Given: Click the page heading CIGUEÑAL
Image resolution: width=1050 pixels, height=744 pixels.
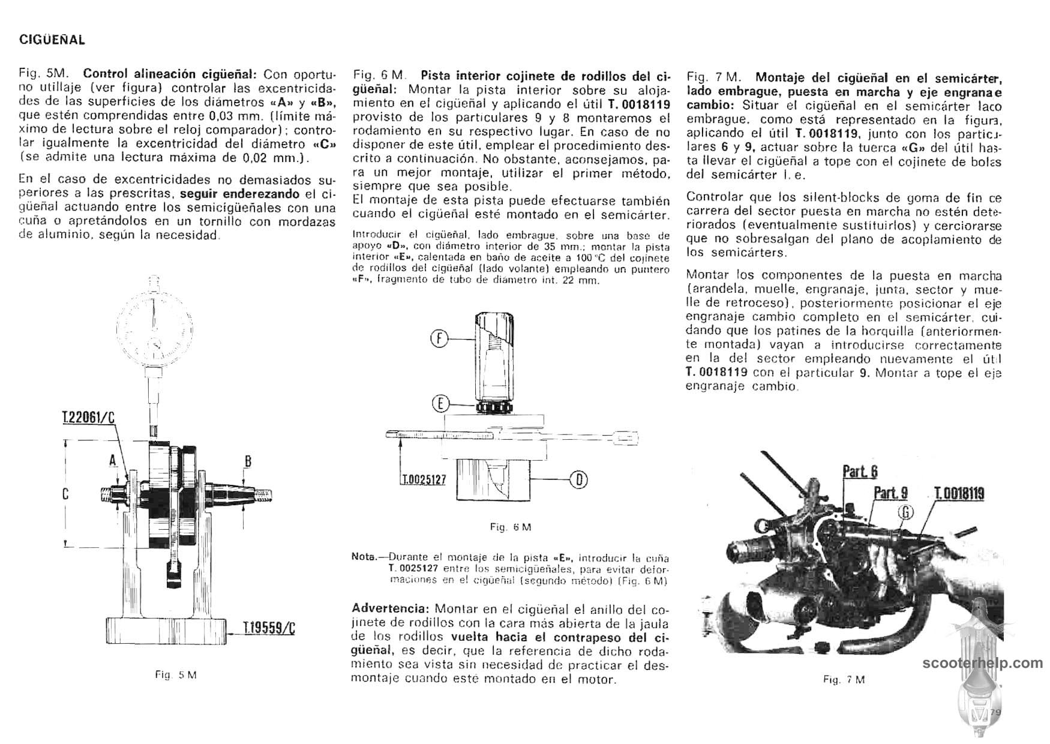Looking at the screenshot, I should [x=53, y=40].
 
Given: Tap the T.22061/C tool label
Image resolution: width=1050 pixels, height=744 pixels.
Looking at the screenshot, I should [x=88, y=418].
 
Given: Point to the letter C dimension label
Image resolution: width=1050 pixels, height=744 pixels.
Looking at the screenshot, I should [x=65, y=494].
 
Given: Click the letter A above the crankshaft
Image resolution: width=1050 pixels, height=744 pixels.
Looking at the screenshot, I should [x=112, y=460].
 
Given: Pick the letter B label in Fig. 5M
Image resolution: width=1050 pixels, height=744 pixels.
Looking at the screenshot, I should [x=247, y=461].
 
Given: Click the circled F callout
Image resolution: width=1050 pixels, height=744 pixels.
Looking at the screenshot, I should [x=440, y=339].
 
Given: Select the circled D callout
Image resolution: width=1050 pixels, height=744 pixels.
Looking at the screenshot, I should [x=580, y=479].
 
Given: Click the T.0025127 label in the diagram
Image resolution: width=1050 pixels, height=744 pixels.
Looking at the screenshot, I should [x=423, y=481].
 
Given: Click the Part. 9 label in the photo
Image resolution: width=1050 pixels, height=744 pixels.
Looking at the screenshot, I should [x=890, y=493].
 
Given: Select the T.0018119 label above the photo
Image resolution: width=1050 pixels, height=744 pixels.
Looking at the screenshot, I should [x=959, y=494].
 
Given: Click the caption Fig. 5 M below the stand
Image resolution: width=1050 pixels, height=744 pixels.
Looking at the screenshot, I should [x=176, y=675].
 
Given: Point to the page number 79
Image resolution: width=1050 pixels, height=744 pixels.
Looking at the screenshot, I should [x=996, y=712].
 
